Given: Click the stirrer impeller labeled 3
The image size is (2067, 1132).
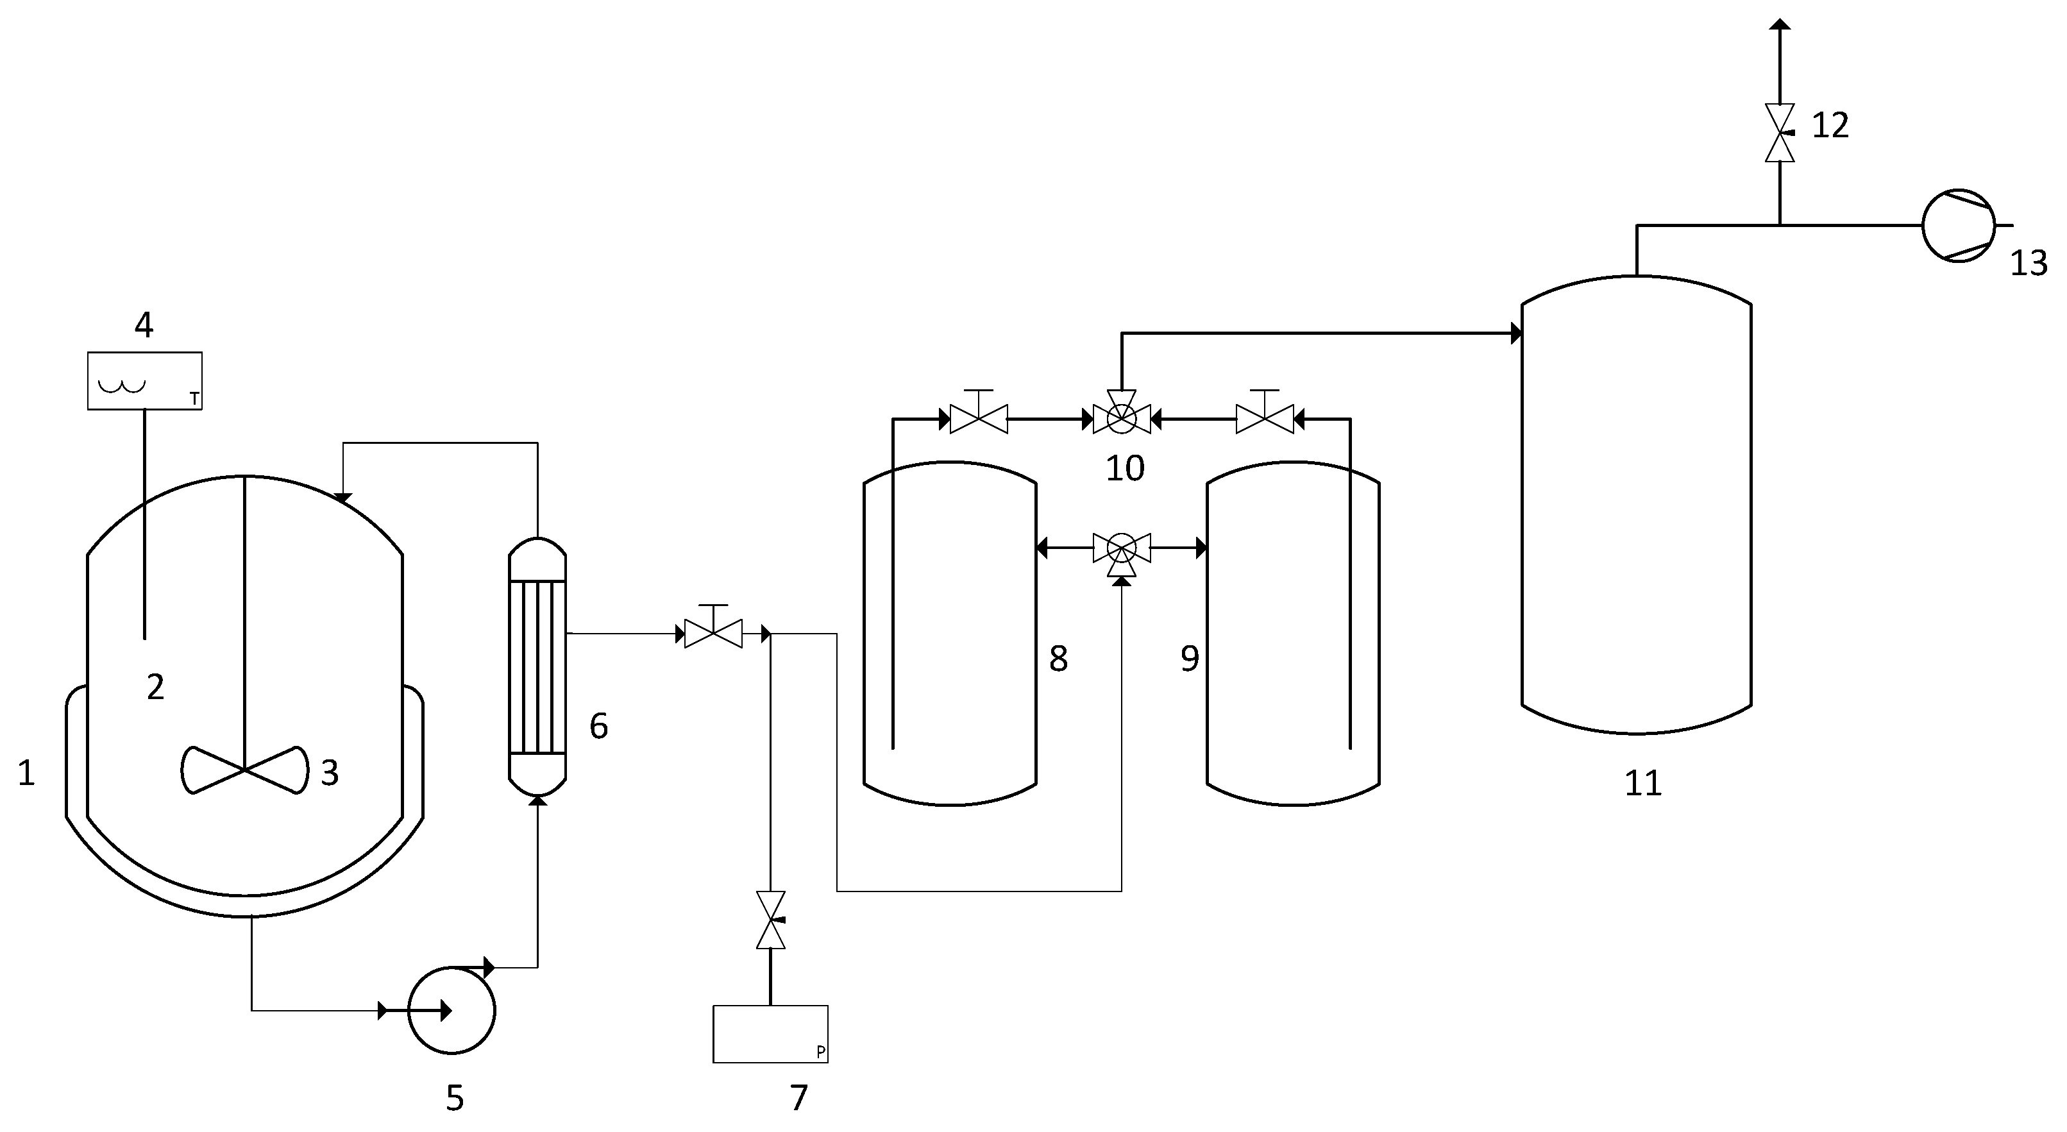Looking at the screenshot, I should pos(244,771).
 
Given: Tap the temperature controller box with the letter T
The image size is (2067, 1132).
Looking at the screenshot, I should pos(144,381).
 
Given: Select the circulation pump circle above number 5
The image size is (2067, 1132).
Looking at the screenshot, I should pos(451,1010).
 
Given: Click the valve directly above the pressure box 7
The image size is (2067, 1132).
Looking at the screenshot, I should pos(770,920).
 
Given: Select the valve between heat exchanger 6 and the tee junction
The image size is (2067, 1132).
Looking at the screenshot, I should pos(713,634).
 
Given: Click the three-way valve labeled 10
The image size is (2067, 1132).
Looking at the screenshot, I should pos(1121,416).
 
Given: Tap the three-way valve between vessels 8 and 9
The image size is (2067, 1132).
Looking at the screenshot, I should pos(1121,550).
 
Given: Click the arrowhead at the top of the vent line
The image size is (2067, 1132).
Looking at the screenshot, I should pos(1780,25).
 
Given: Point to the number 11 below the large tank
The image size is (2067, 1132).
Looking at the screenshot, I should pos(1642,783).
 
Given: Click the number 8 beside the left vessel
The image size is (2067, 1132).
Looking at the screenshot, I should pos(1058,659).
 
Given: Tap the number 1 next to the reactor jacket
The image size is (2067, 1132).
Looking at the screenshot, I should pos(26,773).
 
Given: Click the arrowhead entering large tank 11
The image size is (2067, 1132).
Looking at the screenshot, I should pos(1515,333).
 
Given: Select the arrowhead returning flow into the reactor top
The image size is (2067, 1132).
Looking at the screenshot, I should pos(343,498).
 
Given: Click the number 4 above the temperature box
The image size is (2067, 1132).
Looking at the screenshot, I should pos(144,325).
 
